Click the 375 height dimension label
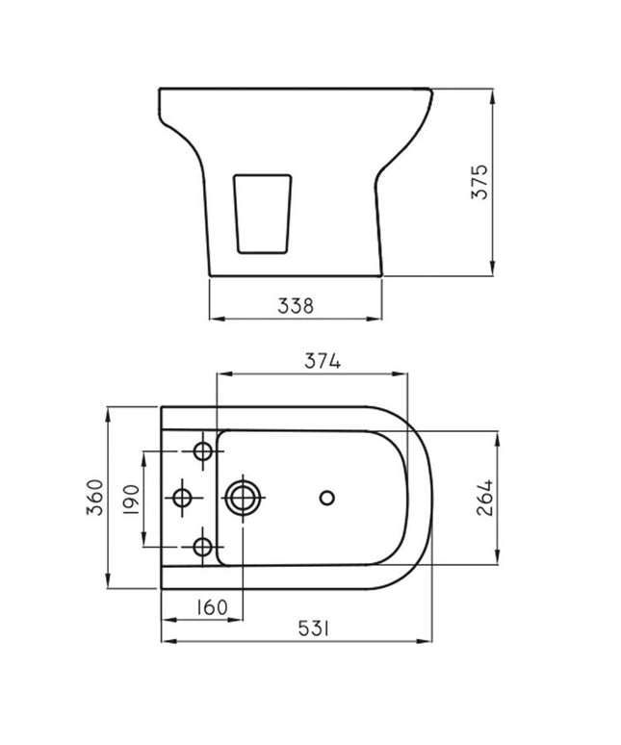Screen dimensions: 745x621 479,182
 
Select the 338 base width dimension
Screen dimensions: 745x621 296,306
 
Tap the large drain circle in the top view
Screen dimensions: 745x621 242,498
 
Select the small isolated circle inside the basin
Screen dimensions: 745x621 326,498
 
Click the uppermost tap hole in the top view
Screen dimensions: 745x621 203,450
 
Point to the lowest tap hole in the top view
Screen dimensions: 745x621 202,547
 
